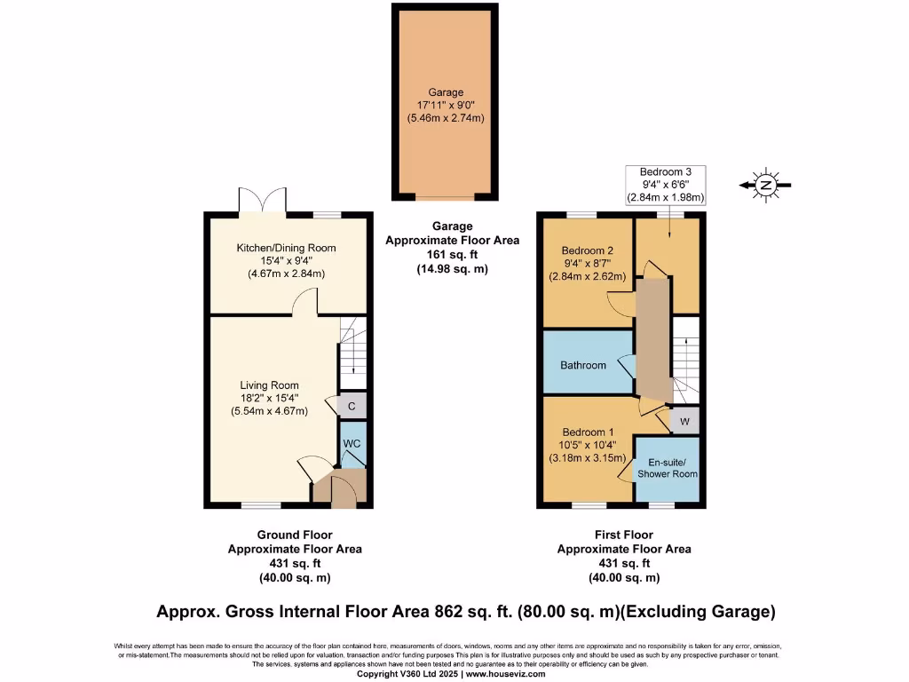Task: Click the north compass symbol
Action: (764, 185)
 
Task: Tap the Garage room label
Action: (446, 91)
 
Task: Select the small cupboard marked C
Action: (352, 406)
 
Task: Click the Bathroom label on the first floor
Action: (583, 365)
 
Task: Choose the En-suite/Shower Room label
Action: (672, 468)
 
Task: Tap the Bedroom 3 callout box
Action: (665, 184)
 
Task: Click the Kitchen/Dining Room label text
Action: (286, 248)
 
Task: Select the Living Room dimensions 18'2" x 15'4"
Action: (269, 398)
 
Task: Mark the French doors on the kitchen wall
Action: (262, 202)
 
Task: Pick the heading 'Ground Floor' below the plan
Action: (295, 535)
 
